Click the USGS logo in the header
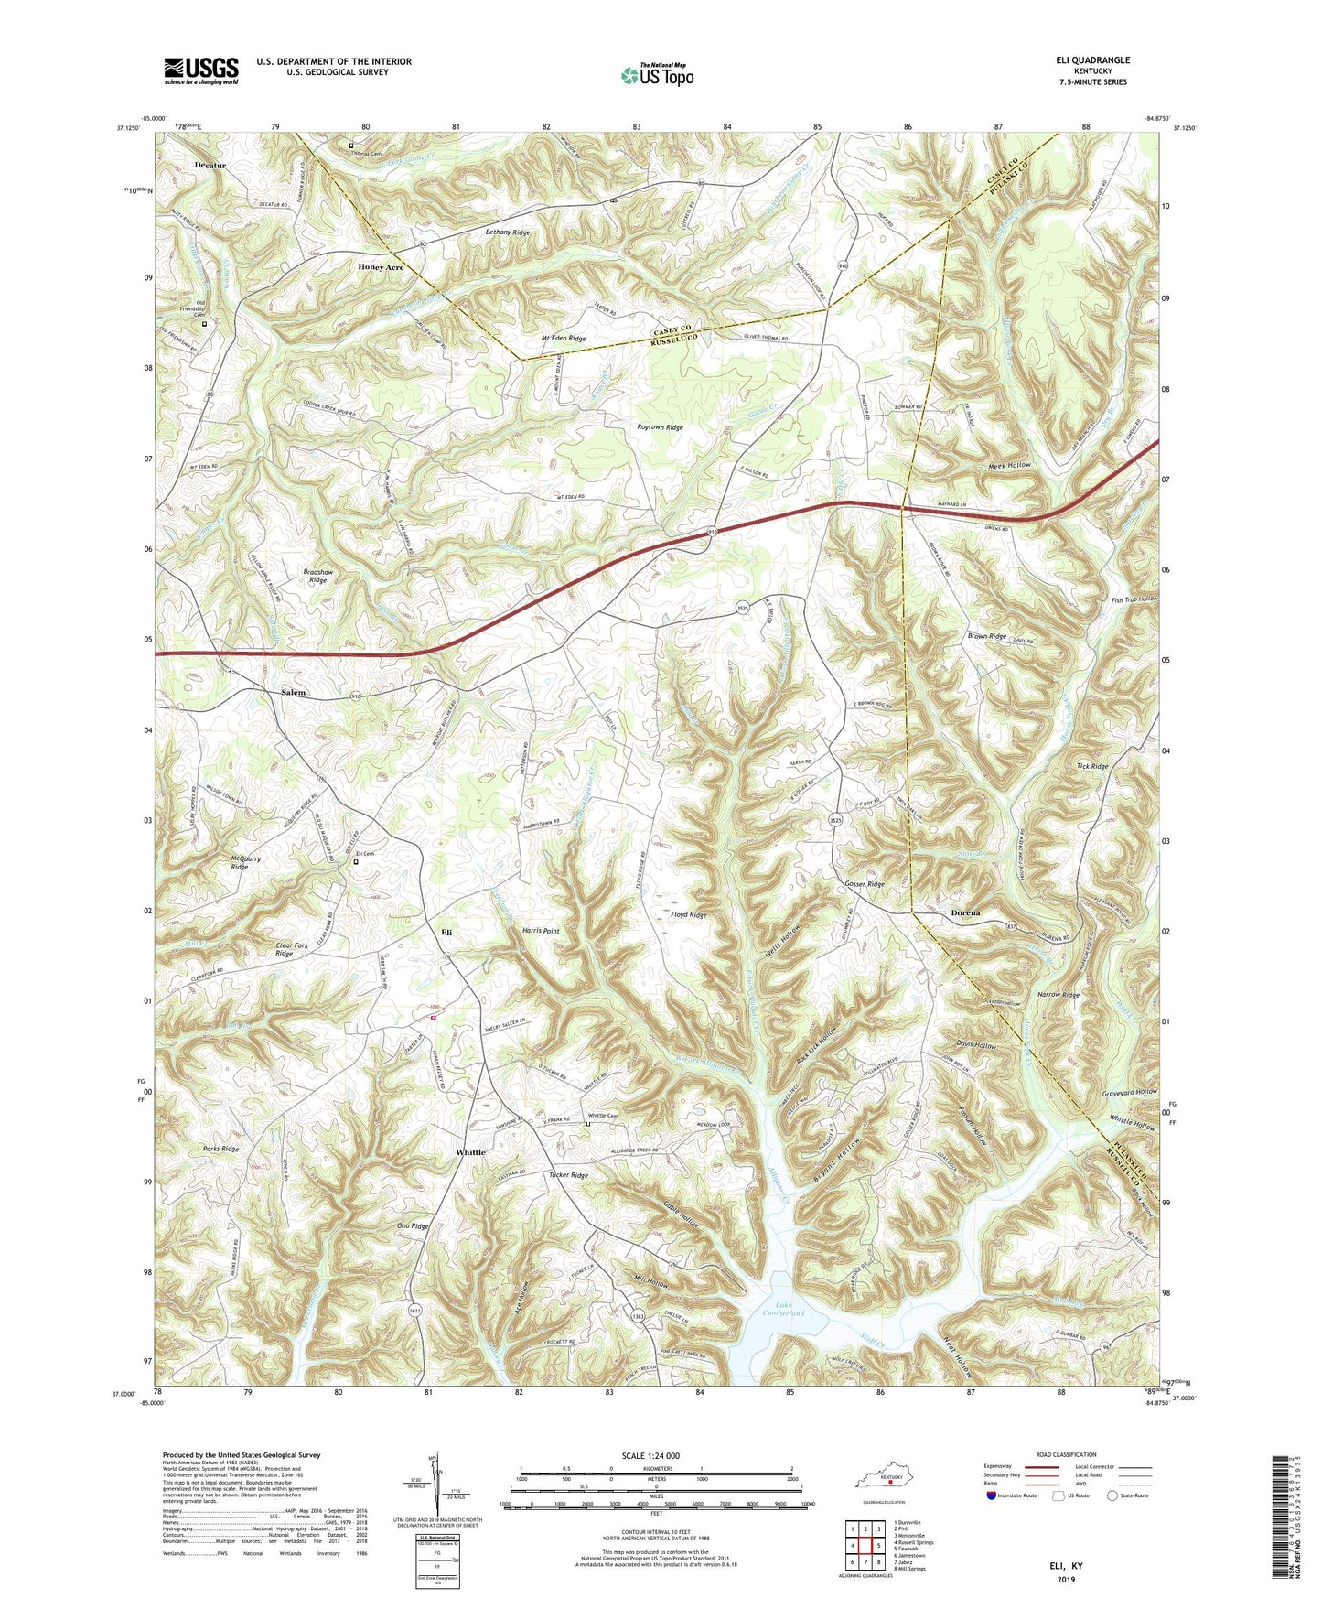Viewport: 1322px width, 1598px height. pyautogui.click(x=201, y=70)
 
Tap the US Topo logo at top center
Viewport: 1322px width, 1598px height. pyautogui.click(x=657, y=75)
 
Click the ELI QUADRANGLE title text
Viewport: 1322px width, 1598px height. pyautogui.click(x=1092, y=60)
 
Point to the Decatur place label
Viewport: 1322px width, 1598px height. pyautogui.click(x=210, y=166)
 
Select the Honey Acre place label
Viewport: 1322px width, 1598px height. pyautogui.click(x=380, y=267)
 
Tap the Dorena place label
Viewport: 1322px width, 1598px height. pyautogui.click(x=965, y=913)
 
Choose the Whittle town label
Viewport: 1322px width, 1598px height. pyautogui.click(x=470, y=1152)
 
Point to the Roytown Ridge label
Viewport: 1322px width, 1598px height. pyautogui.click(x=660, y=427)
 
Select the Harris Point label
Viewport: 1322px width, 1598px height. pyautogui.click(x=541, y=931)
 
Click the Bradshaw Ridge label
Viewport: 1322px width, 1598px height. pyautogui.click(x=317, y=576)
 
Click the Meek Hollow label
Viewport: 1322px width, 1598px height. pyautogui.click(x=1009, y=466)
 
